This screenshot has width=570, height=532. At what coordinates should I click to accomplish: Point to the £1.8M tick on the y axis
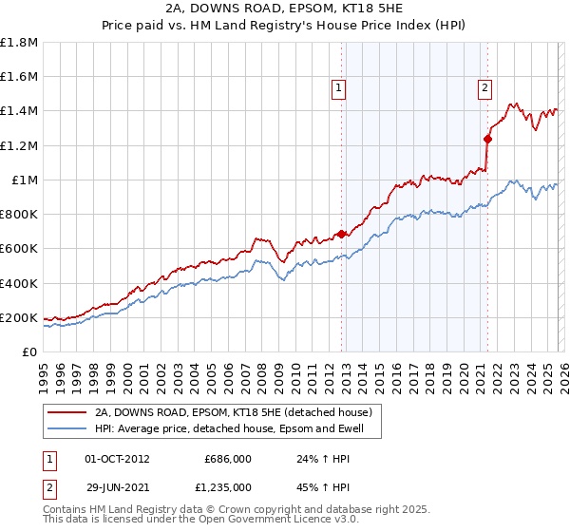(19, 43)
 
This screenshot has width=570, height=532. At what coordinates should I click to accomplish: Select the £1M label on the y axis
(25, 180)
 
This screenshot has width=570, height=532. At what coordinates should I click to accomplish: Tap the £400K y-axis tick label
(19, 283)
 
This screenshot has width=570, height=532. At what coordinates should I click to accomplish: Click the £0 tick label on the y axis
(30, 351)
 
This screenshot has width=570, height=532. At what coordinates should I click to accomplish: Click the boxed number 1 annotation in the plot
(340, 88)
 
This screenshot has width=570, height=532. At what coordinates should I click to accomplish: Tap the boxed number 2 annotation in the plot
(484, 88)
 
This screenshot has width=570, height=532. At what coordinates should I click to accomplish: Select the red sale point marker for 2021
(487, 139)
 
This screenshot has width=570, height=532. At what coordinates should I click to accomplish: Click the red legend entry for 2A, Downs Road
(237, 412)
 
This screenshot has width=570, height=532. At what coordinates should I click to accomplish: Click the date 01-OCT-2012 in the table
(117, 458)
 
